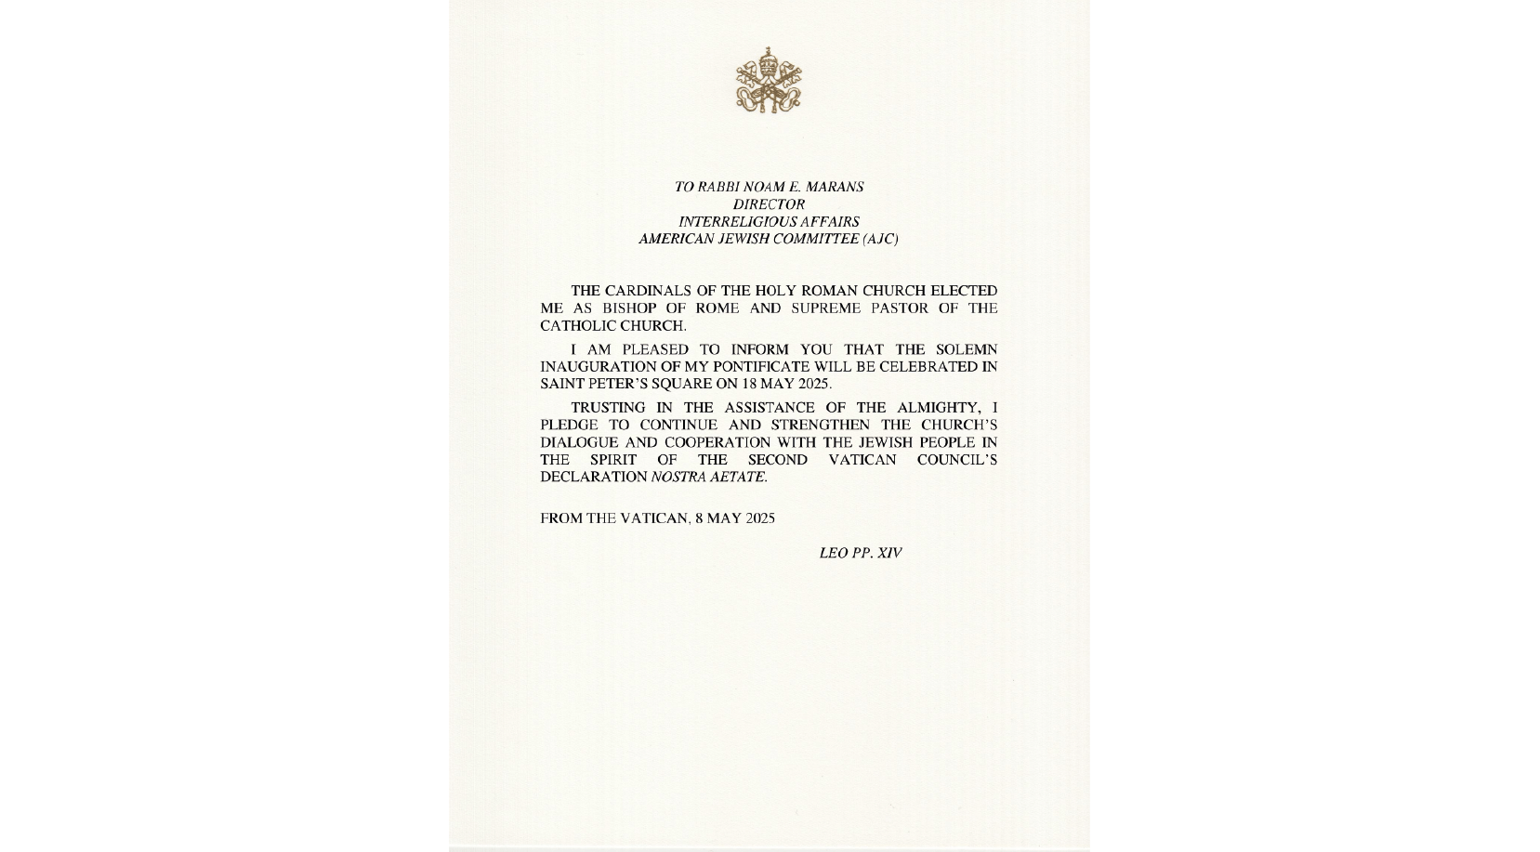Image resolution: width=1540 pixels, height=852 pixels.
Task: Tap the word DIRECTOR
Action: pos(769,204)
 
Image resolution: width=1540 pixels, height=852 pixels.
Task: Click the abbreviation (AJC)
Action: pos(880,240)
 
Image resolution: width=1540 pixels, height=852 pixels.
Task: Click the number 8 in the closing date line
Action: pos(699,518)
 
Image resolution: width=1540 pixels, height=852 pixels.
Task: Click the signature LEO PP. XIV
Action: pos(860,553)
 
